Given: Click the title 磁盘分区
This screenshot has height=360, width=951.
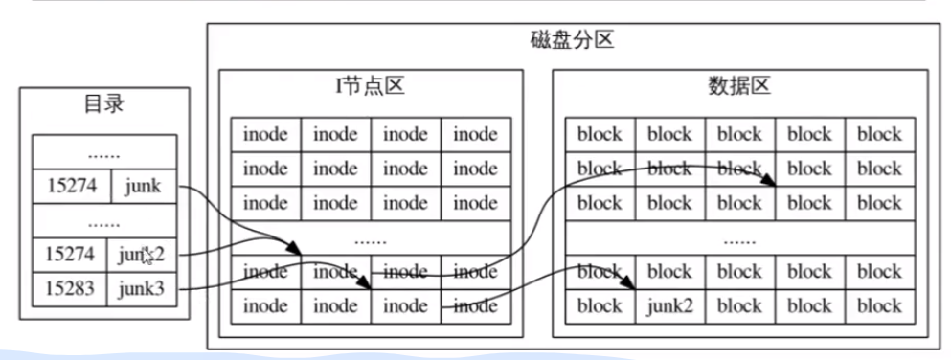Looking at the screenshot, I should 571,41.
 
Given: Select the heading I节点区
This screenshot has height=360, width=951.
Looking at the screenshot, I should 370,87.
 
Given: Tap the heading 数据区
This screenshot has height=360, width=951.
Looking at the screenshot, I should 738,87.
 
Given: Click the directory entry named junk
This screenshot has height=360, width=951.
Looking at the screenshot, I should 144,187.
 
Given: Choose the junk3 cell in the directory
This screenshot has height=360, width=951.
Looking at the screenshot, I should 144,288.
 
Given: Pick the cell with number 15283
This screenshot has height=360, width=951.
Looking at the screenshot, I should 72,288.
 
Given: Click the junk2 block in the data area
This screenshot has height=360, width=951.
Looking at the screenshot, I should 669,306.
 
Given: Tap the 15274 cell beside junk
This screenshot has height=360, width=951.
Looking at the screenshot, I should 72,187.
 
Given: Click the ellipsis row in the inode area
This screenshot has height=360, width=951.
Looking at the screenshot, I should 370,239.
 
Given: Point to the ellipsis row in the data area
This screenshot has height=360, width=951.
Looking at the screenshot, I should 738,239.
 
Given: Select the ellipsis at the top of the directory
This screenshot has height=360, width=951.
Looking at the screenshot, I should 103,152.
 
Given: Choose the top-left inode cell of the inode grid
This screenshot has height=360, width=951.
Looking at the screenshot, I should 265,134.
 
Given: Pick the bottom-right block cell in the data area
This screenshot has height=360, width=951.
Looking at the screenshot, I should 879,306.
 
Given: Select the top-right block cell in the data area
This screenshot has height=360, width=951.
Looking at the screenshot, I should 879,134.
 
